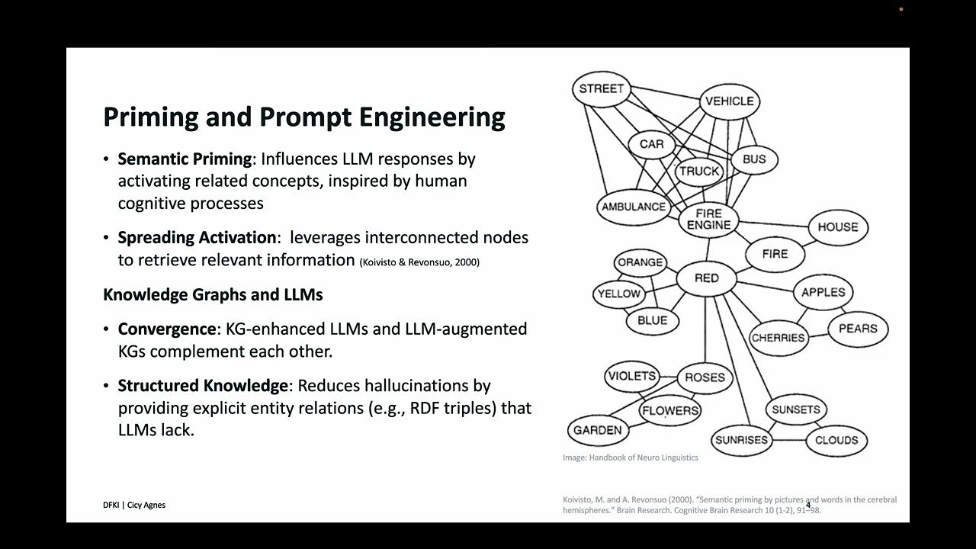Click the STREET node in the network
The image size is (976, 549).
(x=601, y=88)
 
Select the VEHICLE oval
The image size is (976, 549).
(x=729, y=101)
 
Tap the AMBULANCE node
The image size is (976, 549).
(x=634, y=207)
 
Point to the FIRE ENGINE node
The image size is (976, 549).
(x=709, y=220)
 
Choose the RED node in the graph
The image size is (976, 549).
(x=707, y=278)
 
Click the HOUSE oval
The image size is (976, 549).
(x=837, y=227)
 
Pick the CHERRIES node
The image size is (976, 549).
(x=778, y=338)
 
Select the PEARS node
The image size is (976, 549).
(x=858, y=329)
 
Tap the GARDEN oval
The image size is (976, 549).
(x=597, y=430)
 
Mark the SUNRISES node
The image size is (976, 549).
(x=741, y=440)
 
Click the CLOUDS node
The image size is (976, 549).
(x=836, y=440)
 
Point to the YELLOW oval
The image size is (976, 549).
(x=619, y=294)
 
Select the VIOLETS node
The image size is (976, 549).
(x=631, y=376)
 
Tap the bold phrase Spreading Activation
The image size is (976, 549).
(x=197, y=237)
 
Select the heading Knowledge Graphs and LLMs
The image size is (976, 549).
(x=213, y=294)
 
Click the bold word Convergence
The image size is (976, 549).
(x=167, y=329)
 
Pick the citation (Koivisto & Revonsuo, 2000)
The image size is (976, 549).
(x=419, y=262)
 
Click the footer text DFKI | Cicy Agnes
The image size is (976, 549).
(x=134, y=505)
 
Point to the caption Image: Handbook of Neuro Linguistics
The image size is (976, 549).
(x=630, y=457)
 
